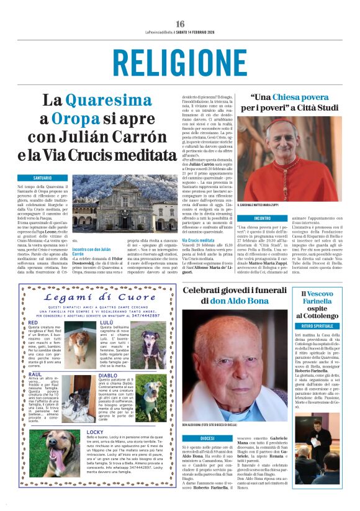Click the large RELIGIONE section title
point(180,63)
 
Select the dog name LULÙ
point(106,323)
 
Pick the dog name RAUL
point(35,376)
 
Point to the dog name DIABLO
point(108,376)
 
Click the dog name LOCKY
point(96,431)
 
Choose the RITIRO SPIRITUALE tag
point(319,325)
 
